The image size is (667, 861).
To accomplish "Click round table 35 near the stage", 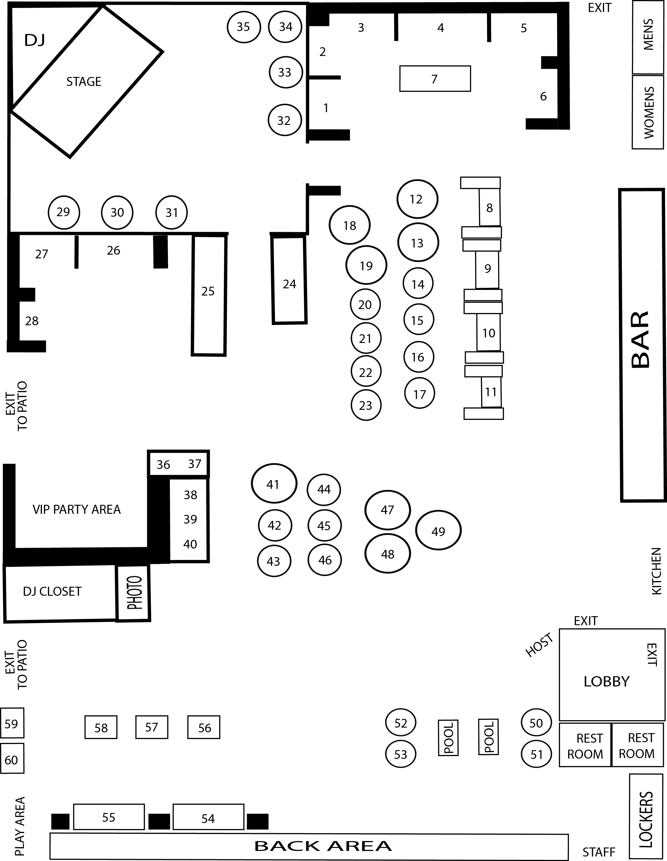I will (x=243, y=27).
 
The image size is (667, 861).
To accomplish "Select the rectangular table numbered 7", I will (x=435, y=79).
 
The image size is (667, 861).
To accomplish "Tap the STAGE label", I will (x=84, y=82).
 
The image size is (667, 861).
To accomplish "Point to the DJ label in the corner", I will (x=35, y=40).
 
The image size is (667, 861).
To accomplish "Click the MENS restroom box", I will (x=647, y=37).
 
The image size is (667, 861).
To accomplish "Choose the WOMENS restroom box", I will (x=647, y=112).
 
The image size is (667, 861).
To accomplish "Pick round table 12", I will (x=417, y=199).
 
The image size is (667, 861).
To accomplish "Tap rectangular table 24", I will (x=289, y=280).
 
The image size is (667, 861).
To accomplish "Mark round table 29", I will (x=63, y=212).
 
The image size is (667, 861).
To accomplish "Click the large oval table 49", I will (x=438, y=531).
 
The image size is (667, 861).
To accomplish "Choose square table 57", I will (x=152, y=727).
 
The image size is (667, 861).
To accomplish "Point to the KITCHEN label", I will (x=656, y=571).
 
